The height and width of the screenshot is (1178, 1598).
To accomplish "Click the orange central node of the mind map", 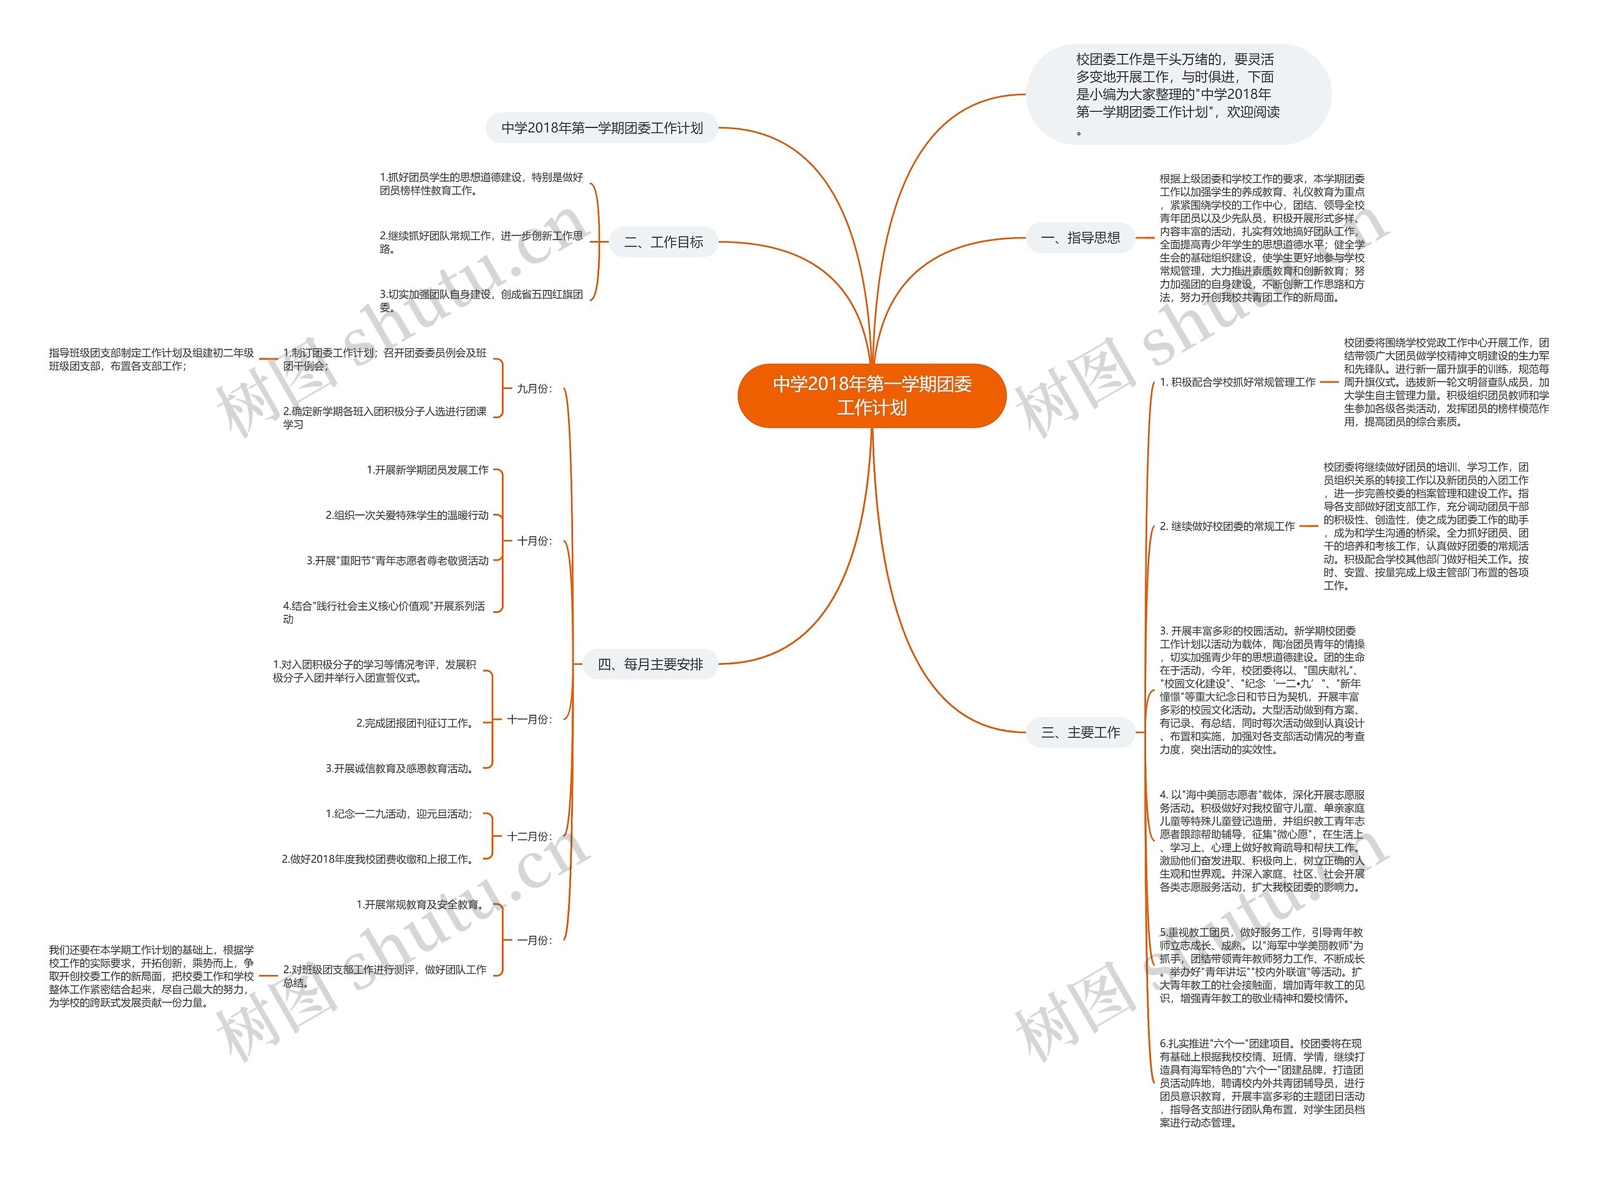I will point(871,396).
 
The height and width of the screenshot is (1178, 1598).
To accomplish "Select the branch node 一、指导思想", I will point(1080,238).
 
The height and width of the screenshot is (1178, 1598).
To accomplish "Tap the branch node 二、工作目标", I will point(663,242).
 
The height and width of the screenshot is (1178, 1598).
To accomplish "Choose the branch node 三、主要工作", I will point(1080,732).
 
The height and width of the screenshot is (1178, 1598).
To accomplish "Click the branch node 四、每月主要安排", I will point(650,665).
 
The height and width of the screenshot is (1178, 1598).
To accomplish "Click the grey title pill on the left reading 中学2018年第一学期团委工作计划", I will point(602,129).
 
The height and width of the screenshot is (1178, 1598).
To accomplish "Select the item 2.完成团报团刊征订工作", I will point(416,723).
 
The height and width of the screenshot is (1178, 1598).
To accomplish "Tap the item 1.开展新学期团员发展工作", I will point(427,470).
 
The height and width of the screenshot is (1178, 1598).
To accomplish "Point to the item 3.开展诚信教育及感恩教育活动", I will point(401,768).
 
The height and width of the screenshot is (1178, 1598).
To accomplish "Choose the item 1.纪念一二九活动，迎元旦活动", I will point(399,813).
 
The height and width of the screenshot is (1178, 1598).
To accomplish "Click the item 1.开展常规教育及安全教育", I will point(421,905).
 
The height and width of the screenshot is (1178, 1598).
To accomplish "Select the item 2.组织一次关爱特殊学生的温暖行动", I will point(406,515).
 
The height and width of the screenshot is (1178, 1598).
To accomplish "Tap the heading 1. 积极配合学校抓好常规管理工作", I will point(1237,382).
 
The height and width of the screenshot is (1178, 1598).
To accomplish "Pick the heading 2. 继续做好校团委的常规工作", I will point(1227,526).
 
